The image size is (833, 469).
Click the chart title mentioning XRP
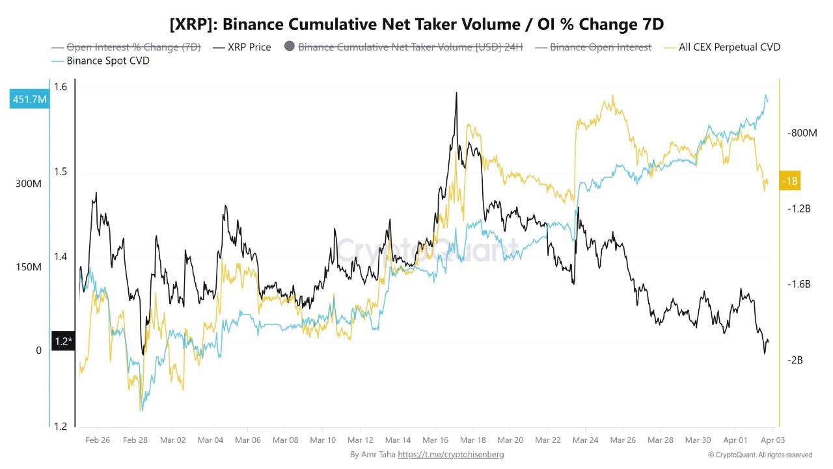(416, 24)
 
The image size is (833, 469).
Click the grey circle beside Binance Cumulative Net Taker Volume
(290, 46)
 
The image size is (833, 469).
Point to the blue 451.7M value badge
(29, 99)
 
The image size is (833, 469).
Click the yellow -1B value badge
(789, 181)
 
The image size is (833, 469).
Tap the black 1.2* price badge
(62, 341)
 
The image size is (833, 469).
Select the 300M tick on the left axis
(29, 184)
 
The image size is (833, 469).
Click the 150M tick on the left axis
(29, 267)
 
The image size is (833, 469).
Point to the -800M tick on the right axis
(802, 133)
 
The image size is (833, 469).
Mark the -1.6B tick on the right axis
(799, 284)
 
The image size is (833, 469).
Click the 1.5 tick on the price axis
(61, 172)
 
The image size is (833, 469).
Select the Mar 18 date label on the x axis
(473, 440)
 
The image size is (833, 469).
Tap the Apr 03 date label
(773, 440)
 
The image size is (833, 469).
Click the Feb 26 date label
(98, 440)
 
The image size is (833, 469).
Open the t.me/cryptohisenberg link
(450, 455)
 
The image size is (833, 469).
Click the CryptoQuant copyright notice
(760, 455)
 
